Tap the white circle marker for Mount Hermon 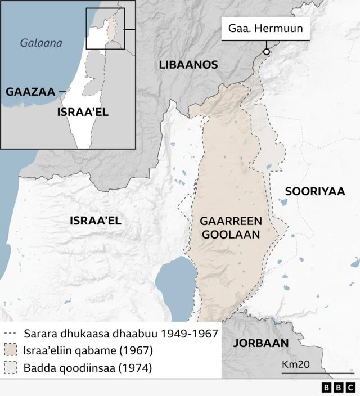(x=266, y=52)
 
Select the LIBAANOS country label (x=188, y=65)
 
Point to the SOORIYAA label (x=314, y=191)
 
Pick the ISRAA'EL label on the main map (x=96, y=220)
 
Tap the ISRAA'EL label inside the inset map (x=83, y=112)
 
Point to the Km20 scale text (x=296, y=364)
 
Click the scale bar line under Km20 (x=318, y=373)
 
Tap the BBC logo (x=337, y=388)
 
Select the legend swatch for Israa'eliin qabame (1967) (x=12, y=351)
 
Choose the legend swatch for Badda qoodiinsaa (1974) (x=12, y=368)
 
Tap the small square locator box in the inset (x=105, y=29)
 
